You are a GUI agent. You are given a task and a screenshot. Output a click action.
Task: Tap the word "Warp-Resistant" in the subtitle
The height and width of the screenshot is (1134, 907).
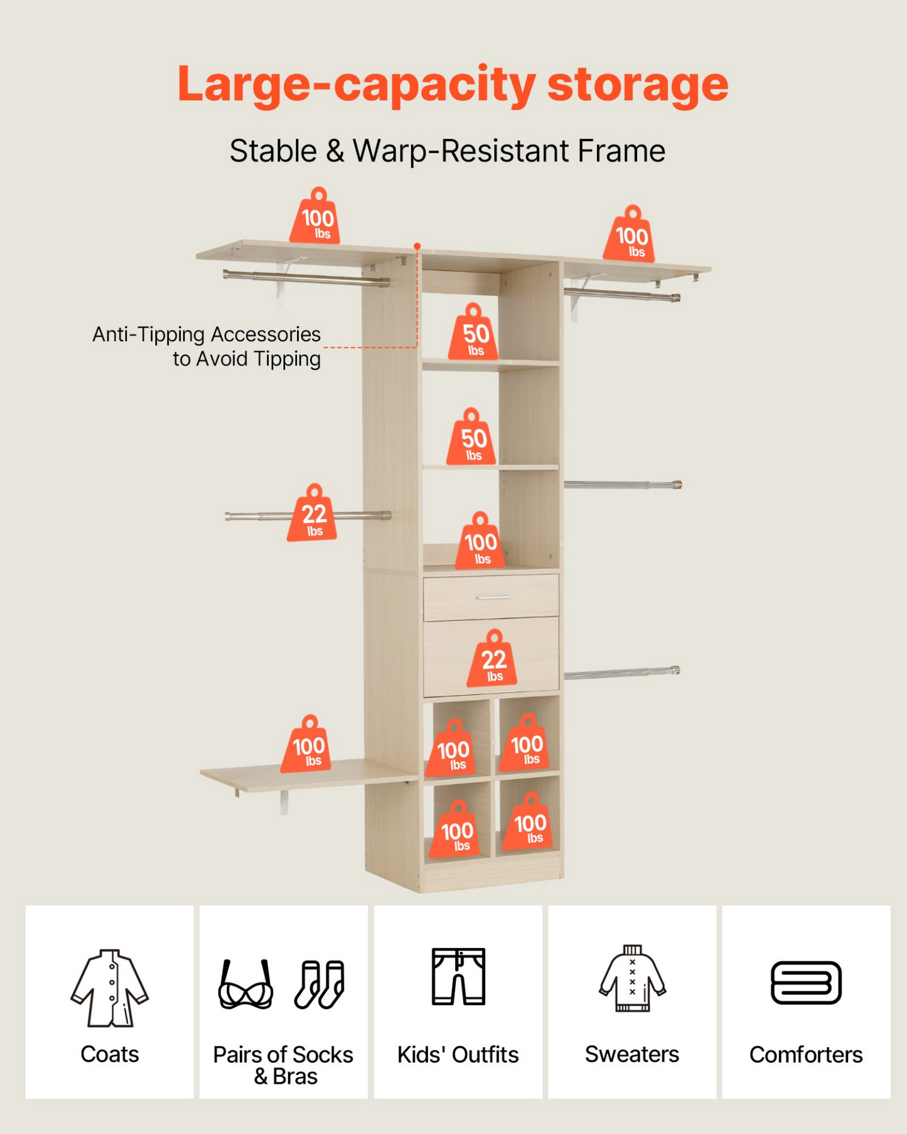(x=460, y=151)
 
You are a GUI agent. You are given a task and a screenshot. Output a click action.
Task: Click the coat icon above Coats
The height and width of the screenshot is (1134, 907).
(x=110, y=988)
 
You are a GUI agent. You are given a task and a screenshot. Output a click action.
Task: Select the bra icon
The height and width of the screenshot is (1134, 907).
(x=245, y=984)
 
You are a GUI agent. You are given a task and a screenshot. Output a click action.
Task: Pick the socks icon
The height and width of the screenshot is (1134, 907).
(x=319, y=984)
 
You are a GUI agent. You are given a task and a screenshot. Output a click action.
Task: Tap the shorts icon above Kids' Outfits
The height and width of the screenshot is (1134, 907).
(x=458, y=976)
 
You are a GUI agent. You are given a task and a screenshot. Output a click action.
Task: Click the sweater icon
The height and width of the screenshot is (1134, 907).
(x=632, y=978)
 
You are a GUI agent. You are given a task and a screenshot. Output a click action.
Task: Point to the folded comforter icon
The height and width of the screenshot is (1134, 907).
(x=806, y=983)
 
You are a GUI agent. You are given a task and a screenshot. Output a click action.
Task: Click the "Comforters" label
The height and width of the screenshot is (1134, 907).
(x=806, y=1055)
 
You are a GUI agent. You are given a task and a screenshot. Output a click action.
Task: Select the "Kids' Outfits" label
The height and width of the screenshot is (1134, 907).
(x=458, y=1055)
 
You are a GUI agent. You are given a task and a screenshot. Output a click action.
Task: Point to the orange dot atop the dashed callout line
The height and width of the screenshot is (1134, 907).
(x=417, y=246)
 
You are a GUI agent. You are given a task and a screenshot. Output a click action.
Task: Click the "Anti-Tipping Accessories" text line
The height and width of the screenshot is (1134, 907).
(x=207, y=335)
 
